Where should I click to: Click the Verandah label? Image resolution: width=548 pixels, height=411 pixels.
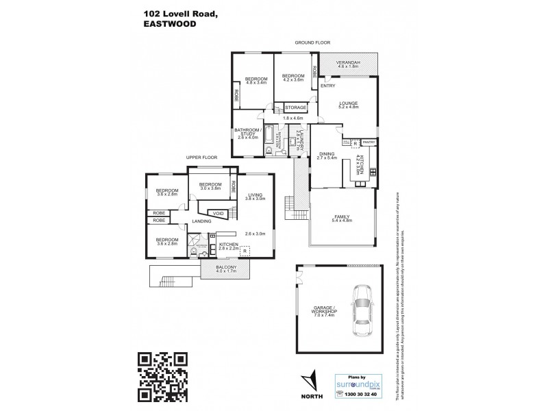(348, 64)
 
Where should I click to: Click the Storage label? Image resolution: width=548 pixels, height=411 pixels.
(296, 108)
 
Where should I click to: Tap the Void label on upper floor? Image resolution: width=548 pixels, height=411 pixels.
(218, 212)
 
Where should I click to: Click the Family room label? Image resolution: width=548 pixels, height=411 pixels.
(340, 216)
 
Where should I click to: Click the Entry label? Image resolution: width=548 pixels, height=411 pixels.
(327, 86)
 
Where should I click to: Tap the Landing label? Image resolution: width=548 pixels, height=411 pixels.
(201, 221)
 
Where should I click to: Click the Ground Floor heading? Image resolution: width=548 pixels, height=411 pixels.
(308, 42)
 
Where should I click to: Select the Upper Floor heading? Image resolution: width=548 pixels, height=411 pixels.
(201, 158)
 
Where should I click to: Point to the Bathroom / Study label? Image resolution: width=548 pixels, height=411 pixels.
(247, 132)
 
